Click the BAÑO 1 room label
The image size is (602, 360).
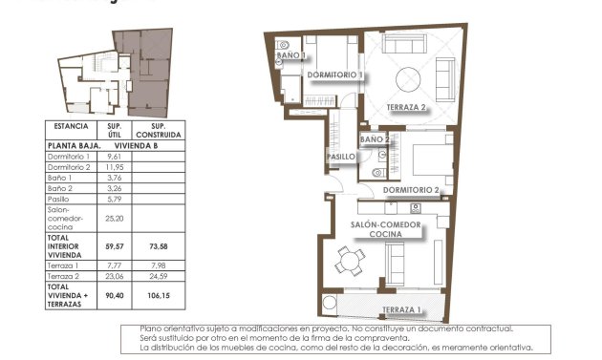pos(290,56)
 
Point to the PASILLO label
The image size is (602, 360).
pos(341,157)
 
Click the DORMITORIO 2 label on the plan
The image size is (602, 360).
pos(411,190)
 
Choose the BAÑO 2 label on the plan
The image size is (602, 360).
pos(376,139)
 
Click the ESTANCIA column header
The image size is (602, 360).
pos(72,126)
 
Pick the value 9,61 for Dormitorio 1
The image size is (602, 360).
pos(114,157)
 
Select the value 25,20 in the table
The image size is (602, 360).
pos(114,217)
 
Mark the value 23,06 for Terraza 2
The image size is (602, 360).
pos(114,277)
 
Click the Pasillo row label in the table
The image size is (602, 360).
pos(59,199)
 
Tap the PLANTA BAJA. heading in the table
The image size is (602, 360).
pos(74,146)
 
